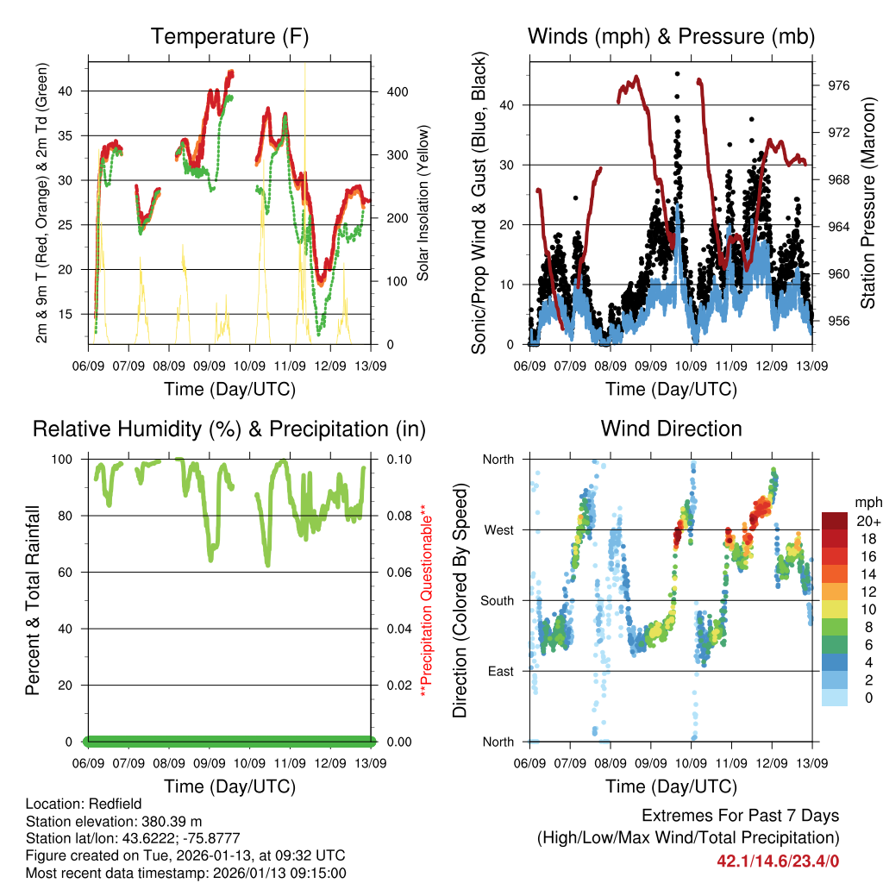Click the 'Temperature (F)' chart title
pos(229,37)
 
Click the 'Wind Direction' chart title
pos(671,429)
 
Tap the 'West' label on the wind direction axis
pos(498,530)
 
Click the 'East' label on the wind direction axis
pos(500,672)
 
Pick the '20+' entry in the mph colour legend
pos(867,521)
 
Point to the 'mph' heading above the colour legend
pos(867,502)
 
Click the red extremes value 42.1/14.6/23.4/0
pos(778,861)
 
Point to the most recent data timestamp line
pos(185,873)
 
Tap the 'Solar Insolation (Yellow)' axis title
pos(423,203)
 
